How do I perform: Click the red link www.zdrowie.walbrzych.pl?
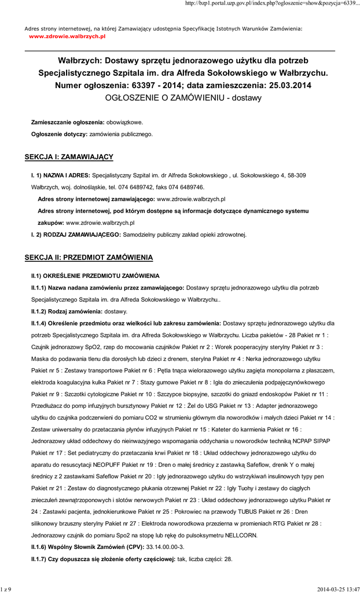point(67,36)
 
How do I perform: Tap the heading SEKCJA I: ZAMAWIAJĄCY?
point(68,157)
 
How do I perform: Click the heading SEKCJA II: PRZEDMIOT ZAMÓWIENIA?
point(89,257)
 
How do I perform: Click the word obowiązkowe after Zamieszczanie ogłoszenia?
point(124,123)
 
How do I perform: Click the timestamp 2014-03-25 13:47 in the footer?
point(338,589)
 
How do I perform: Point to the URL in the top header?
point(271,4)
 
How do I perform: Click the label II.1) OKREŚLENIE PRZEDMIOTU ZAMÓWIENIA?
point(95,276)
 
